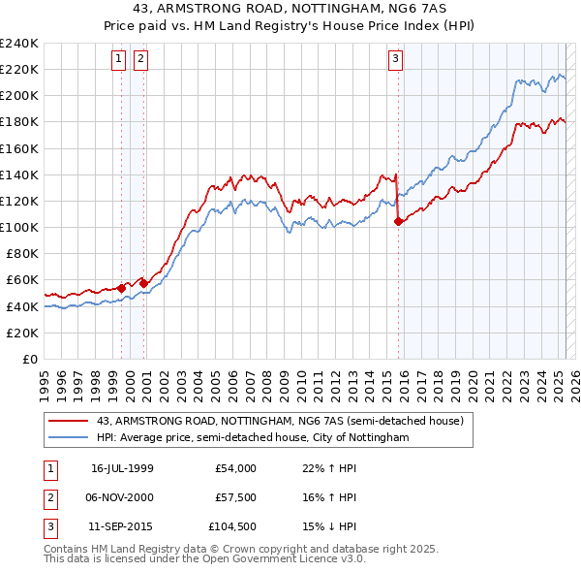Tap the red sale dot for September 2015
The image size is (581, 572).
coord(398,221)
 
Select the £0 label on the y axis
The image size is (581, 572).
coord(30,359)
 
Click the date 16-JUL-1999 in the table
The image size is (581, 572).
coord(122,468)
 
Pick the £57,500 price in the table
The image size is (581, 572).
coord(236,497)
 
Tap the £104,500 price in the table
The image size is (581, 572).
coord(234,526)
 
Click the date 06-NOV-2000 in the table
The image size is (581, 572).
coord(122,497)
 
